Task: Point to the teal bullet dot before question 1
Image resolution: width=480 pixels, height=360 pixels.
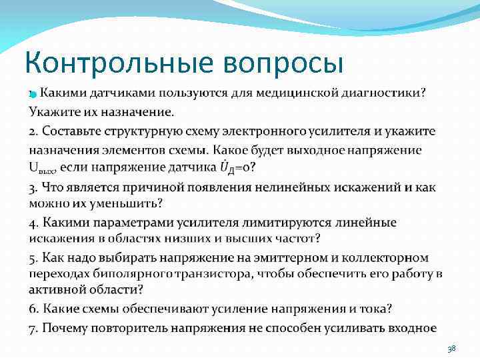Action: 31,95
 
